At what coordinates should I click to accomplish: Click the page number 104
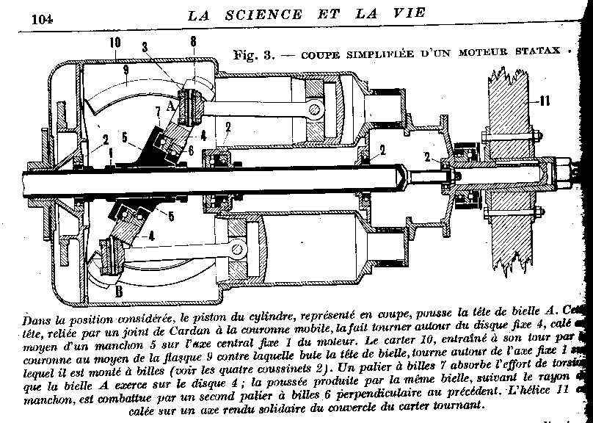click(x=43, y=18)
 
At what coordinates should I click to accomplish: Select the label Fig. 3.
click(x=252, y=54)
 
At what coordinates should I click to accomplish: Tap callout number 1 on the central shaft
click(x=110, y=153)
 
